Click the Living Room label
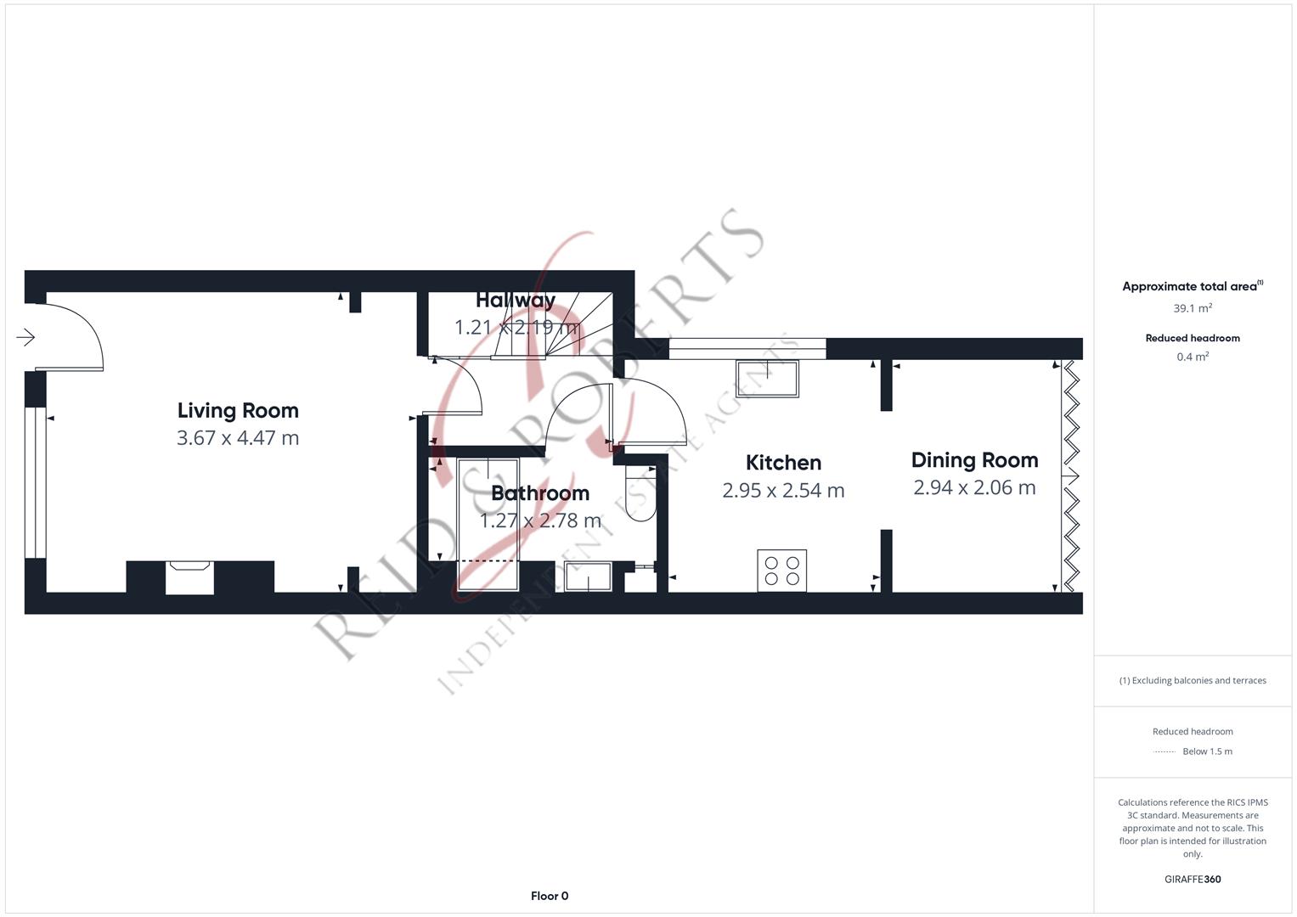pyautogui.click(x=238, y=410)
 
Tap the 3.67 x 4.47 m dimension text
pyautogui.click(x=238, y=437)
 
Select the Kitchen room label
pyautogui.click(x=783, y=463)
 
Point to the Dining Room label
pyautogui.click(x=974, y=460)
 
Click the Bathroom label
pyautogui.click(x=540, y=493)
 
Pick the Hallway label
pyautogui.click(x=516, y=300)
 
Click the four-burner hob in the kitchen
pyautogui.click(x=781, y=571)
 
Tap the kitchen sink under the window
pyautogui.click(x=767, y=379)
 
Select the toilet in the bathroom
pyautogui.click(x=641, y=492)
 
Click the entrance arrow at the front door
pyautogui.click(x=25, y=337)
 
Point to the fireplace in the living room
pyautogui.click(x=189, y=577)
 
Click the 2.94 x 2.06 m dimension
pyautogui.click(x=974, y=487)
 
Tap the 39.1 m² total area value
pyautogui.click(x=1193, y=308)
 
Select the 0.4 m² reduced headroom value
pyautogui.click(x=1193, y=357)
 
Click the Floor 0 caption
pyautogui.click(x=550, y=896)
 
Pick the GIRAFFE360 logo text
pyautogui.click(x=1193, y=879)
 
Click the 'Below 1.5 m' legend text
pyautogui.click(x=1207, y=751)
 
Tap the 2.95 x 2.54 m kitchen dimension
pyautogui.click(x=783, y=491)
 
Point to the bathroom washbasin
pyautogui.click(x=588, y=577)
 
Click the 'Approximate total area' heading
pyautogui.click(x=1193, y=286)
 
